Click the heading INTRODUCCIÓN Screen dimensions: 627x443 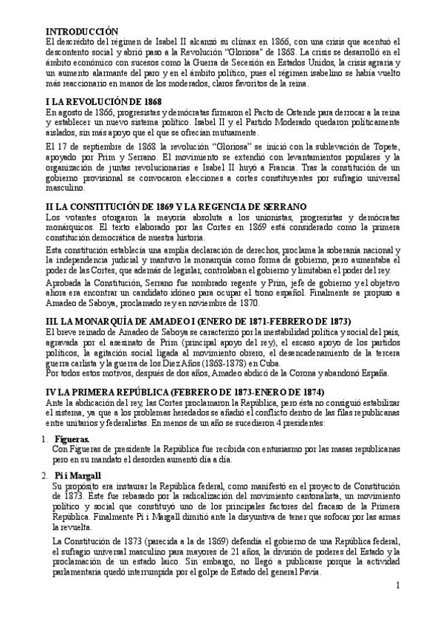tap(82, 31)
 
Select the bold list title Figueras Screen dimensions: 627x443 tap(72, 439)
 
